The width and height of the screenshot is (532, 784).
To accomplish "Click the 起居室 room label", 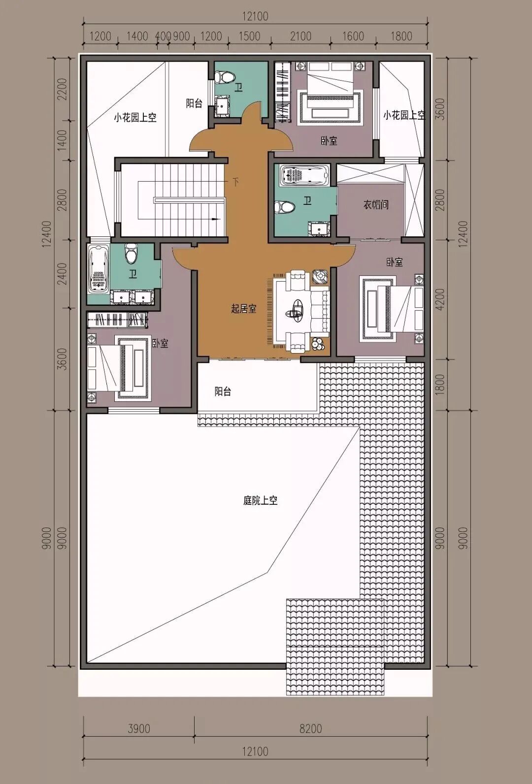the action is pyautogui.click(x=244, y=308).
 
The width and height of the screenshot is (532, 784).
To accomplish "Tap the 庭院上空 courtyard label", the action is pyautogui.click(x=261, y=500).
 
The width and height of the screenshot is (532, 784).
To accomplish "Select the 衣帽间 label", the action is pyautogui.click(x=376, y=205).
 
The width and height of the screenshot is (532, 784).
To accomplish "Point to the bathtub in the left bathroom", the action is pyautogui.click(x=99, y=268).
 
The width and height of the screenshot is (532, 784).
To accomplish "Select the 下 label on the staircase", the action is pyautogui.click(x=236, y=182).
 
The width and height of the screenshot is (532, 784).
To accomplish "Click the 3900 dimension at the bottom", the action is pyautogui.click(x=139, y=726).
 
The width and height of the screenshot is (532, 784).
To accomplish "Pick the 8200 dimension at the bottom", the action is pyautogui.click(x=310, y=726).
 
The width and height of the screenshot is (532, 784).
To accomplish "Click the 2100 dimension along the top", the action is pyautogui.click(x=300, y=36).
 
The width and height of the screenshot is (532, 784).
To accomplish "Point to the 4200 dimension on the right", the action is pyautogui.click(x=441, y=299).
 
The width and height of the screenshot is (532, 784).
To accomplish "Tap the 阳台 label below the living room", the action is pyautogui.click(x=223, y=392).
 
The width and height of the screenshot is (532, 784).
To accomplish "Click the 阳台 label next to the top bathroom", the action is pyautogui.click(x=194, y=103).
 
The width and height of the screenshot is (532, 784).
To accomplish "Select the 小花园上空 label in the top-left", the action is pyautogui.click(x=135, y=117).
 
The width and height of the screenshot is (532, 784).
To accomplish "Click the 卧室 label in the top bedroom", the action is pyautogui.click(x=329, y=141).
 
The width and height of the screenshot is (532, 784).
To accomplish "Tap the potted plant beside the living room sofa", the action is pyautogui.click(x=319, y=344).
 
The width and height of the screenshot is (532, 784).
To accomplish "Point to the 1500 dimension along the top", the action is pyautogui.click(x=250, y=36).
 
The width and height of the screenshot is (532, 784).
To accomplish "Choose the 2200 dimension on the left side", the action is pyautogui.click(x=62, y=89).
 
